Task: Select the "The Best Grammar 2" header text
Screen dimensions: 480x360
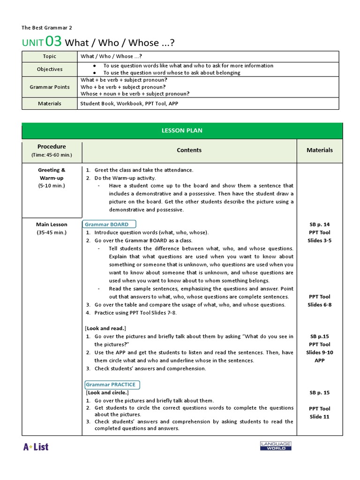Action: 47,28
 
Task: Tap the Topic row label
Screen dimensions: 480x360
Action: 49,56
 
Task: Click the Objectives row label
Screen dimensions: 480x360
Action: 49,69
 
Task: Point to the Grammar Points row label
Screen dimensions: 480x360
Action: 49,87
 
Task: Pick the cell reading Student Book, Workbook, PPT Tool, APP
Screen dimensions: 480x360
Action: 129,104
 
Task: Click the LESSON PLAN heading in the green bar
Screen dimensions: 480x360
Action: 182,130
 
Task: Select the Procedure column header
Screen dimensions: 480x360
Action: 52,147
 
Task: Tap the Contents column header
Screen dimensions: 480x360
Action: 189,150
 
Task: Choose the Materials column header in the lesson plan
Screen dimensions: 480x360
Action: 320,150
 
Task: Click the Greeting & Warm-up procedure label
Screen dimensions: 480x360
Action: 52,174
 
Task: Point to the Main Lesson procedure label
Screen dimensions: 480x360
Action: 52,225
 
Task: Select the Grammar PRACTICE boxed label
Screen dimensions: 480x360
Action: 111,384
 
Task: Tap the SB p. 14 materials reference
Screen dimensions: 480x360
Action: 320,225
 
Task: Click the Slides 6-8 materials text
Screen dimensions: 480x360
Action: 320,305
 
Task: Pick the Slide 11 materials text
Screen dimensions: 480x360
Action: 320,417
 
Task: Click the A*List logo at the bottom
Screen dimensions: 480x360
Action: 36,446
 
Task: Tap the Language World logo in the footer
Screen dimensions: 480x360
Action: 276,446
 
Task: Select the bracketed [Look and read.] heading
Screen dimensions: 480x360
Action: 105,328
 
